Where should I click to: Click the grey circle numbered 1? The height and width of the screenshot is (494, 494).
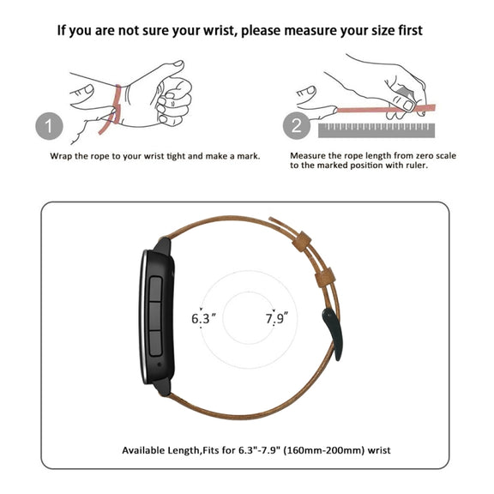tap(49, 126)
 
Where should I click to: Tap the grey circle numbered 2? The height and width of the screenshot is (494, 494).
tap(297, 126)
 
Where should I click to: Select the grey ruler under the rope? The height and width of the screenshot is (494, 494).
tap(377, 130)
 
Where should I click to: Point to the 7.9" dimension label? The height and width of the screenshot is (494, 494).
tap(277, 318)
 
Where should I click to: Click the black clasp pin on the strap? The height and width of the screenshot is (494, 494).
tap(333, 334)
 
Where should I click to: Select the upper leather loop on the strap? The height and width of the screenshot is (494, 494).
tap(302, 241)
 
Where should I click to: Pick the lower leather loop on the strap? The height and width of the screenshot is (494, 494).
tap(325, 278)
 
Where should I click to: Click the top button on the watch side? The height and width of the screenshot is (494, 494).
tap(155, 289)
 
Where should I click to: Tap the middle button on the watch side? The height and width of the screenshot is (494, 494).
tap(155, 316)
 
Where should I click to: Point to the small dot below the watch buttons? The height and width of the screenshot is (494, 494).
tap(159, 364)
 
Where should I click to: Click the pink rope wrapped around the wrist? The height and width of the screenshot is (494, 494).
tap(112, 109)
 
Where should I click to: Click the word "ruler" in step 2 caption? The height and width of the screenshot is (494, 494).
tap(417, 166)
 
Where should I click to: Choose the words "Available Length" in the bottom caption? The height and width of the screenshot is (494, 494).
tap(160, 450)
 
